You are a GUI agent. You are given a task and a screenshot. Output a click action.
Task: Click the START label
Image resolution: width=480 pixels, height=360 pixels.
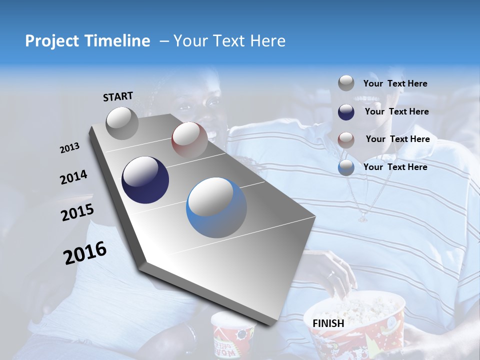point(118,96)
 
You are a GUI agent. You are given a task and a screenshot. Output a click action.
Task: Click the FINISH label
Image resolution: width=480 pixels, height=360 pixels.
point(328,323)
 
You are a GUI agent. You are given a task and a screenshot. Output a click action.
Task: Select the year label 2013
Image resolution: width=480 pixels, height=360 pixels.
point(69,148)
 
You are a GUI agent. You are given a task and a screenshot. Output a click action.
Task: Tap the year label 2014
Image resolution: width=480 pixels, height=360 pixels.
point(73,177)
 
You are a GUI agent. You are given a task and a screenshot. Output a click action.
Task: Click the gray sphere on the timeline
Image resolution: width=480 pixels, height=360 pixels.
point(122,123)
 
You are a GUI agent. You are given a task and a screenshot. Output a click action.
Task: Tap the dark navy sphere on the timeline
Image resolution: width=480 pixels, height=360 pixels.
point(145,180)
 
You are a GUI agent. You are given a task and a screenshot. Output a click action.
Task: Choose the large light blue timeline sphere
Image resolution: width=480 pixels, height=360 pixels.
point(216,207)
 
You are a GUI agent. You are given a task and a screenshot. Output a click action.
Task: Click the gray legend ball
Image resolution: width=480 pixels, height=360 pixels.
point(346,83)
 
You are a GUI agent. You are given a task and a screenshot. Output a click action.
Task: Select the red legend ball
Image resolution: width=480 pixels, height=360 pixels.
point(346,139)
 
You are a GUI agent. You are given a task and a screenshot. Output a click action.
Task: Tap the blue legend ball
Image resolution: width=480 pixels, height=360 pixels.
point(346,167)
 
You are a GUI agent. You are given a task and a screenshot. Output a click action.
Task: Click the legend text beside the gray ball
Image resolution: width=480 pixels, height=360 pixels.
point(395,84)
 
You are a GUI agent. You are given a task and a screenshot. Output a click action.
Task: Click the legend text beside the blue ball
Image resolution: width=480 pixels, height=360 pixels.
point(395,167)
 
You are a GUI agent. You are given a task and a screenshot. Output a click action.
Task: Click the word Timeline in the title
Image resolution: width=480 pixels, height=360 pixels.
point(118,41)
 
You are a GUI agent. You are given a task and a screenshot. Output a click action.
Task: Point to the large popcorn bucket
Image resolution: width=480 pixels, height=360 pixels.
point(356,325)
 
